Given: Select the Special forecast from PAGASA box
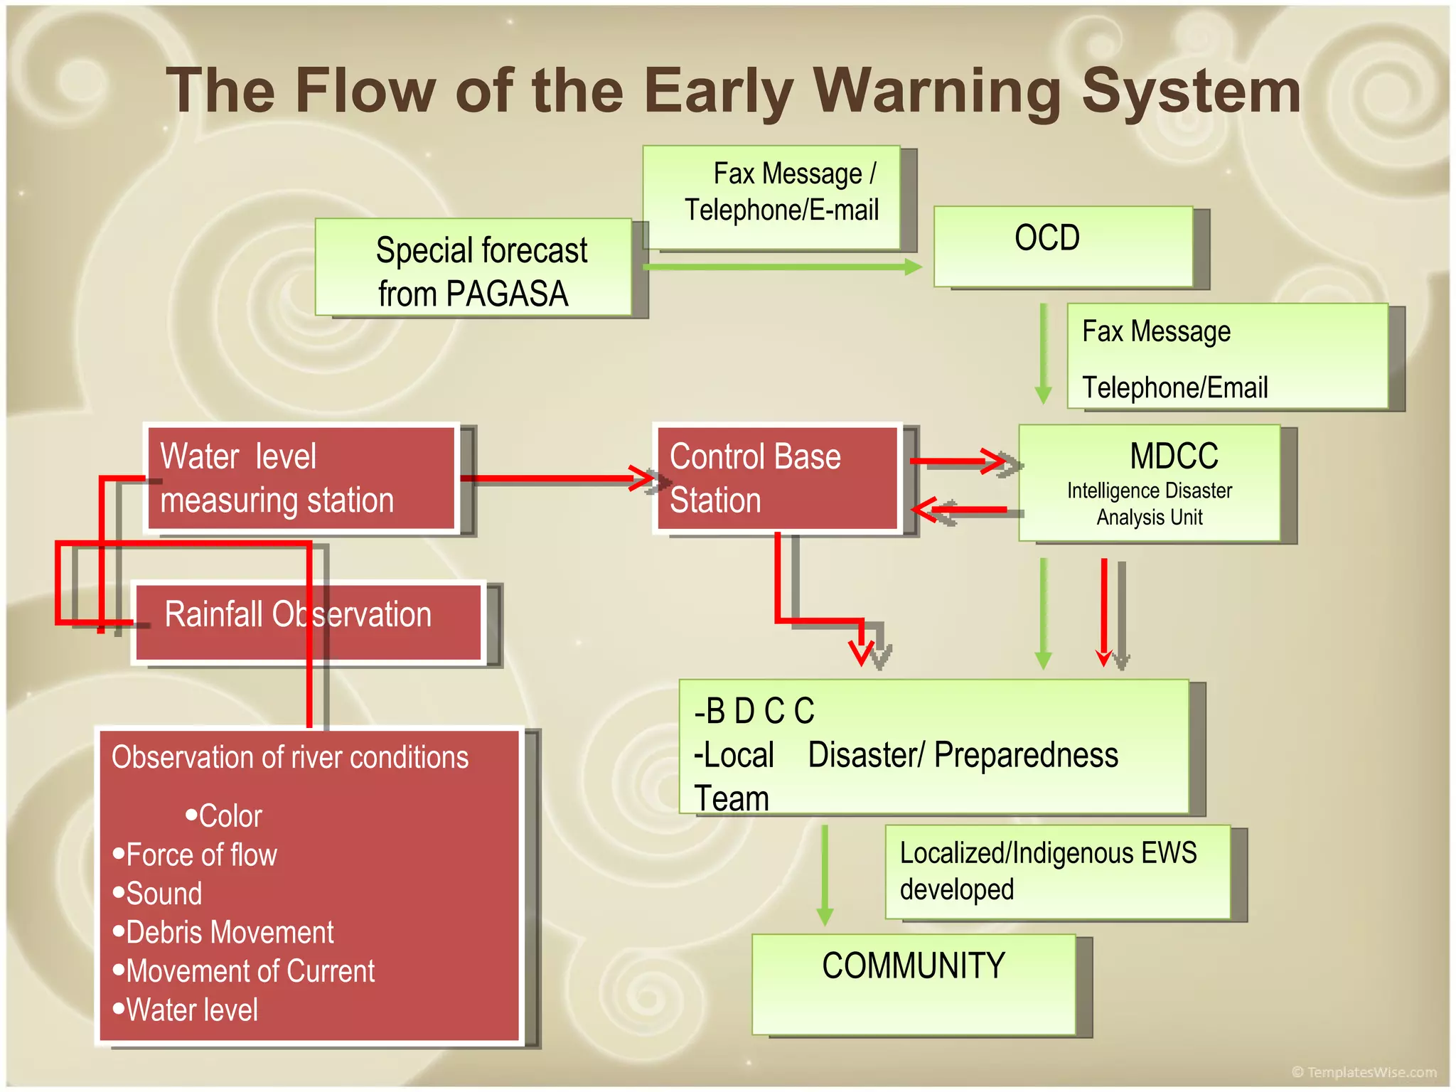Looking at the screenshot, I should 473,267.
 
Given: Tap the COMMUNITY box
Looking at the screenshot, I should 913,984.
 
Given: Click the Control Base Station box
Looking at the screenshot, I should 776,478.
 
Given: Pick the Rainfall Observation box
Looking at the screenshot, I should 309,622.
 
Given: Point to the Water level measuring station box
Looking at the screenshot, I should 301,478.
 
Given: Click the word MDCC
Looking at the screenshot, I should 1173,456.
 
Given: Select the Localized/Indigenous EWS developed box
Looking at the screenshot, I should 1057,872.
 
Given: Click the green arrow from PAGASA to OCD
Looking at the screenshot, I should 782,267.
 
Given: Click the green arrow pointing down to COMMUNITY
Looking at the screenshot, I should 825,874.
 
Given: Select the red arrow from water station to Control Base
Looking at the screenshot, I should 555,478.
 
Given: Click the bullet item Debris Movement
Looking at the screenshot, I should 229,932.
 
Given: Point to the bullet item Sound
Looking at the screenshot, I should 164,894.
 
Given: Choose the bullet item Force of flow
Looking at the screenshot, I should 200,855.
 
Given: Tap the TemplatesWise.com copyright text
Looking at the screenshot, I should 1364,1071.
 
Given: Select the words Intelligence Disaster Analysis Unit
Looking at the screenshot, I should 1149,504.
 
